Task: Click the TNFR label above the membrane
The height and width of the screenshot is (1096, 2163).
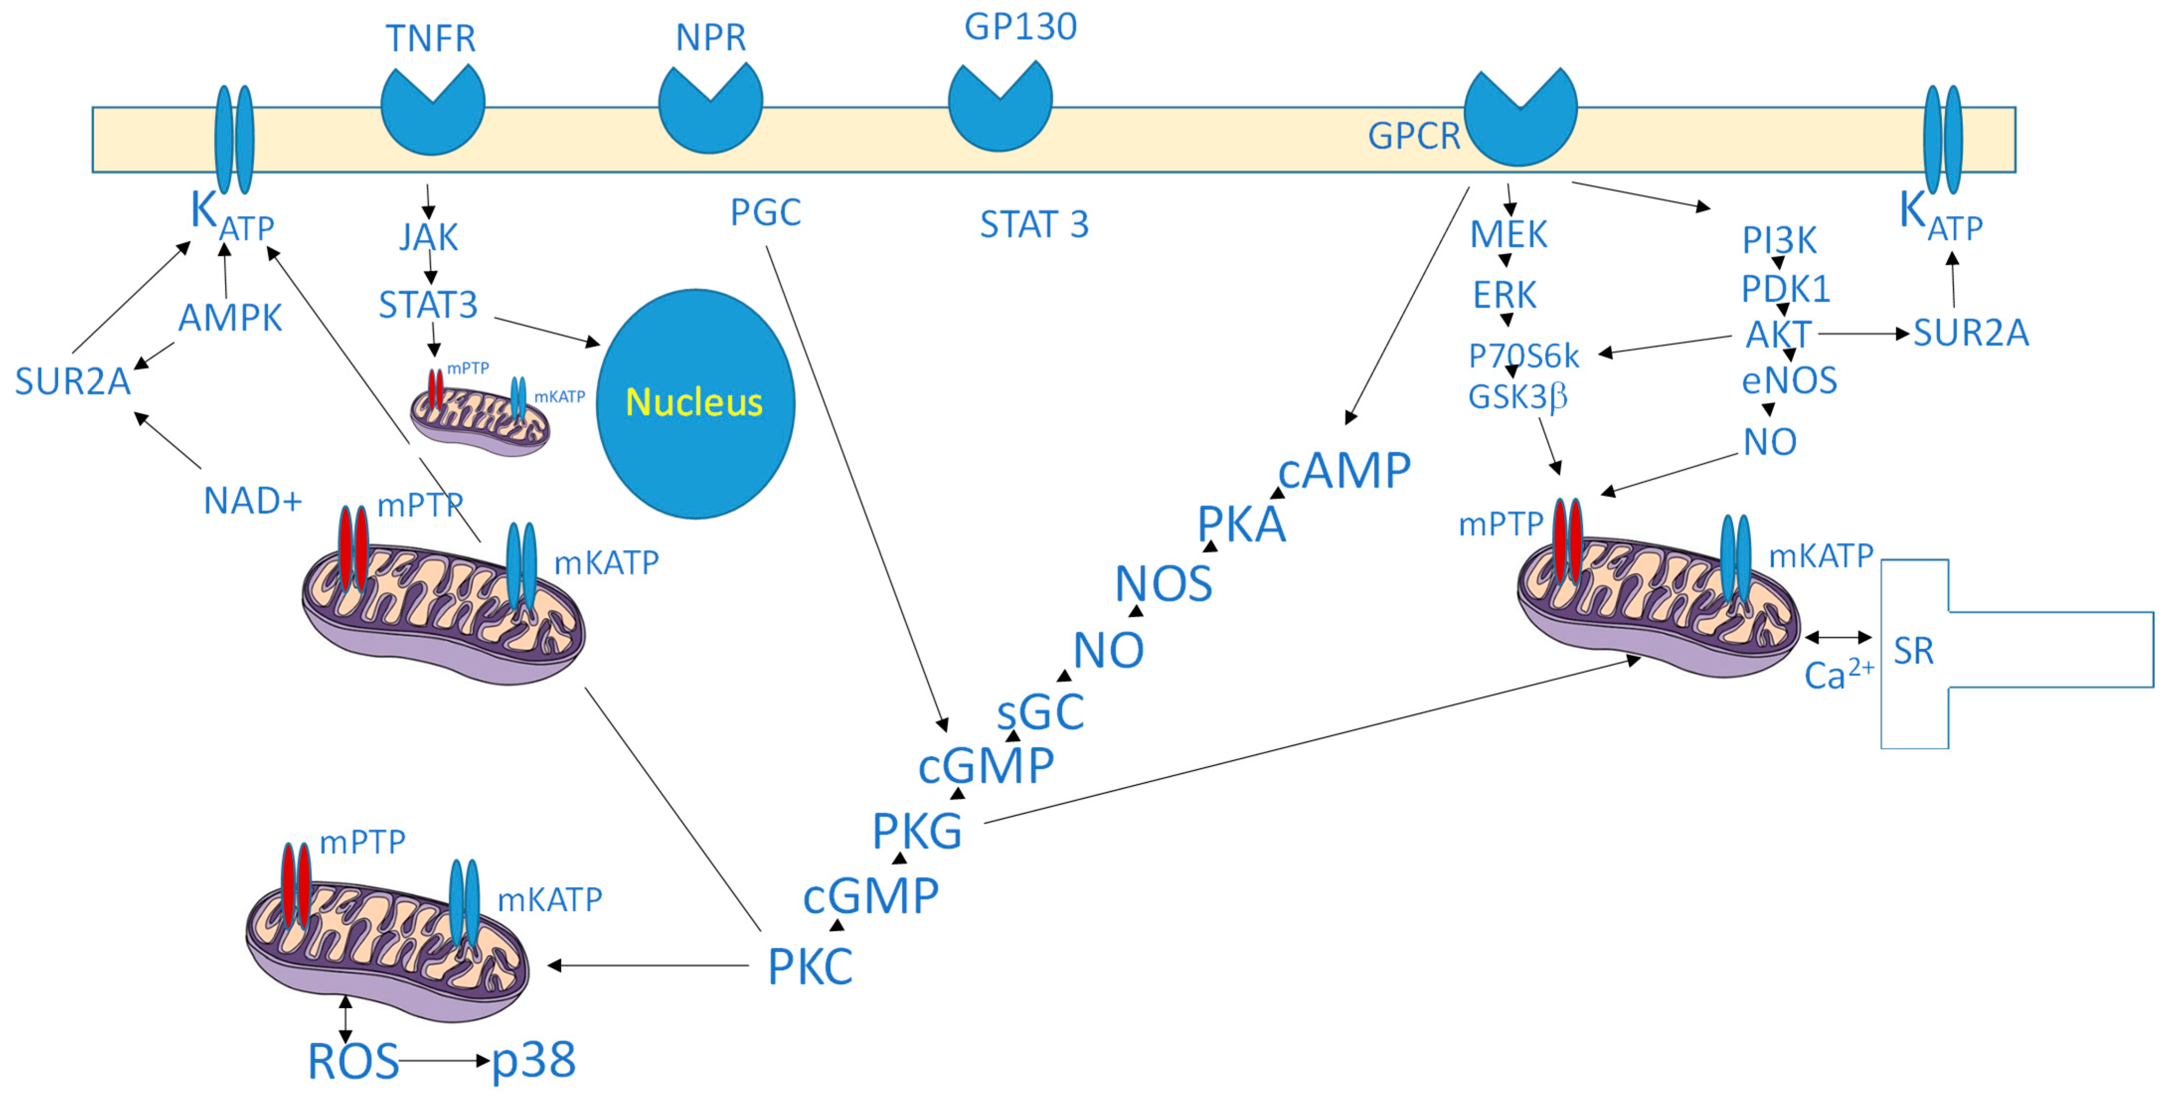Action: coord(431,39)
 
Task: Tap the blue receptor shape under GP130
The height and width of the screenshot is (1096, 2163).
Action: coord(999,113)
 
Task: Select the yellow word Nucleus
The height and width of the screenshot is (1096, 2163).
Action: coord(694,402)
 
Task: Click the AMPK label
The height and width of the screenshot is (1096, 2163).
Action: coord(230,318)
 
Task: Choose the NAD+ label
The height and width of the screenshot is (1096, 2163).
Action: coord(252,501)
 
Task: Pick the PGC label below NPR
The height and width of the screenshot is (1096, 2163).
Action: coord(765,213)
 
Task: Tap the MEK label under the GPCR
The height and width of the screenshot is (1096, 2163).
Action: coord(1508,235)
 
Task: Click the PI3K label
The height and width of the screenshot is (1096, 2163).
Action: coord(1778,240)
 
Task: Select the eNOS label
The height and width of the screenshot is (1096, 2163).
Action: coord(1788,381)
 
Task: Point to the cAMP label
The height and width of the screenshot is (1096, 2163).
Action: coord(1344,470)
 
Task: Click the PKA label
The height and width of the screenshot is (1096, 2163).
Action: coord(1241,526)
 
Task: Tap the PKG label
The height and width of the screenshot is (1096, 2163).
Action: coord(917,832)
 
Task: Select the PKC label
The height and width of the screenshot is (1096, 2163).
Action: coord(809,967)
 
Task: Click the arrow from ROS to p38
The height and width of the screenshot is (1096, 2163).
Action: coord(443,1061)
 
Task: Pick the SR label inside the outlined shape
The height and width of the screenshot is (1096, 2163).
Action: coord(1914,651)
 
